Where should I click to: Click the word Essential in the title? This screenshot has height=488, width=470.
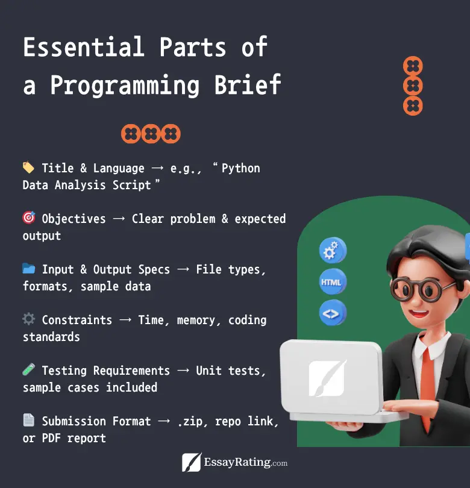[x=84, y=46]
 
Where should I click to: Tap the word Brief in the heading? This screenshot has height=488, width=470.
[x=248, y=85]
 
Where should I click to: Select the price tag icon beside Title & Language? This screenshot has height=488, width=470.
[x=29, y=167]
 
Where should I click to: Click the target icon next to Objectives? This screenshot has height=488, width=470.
[x=29, y=217]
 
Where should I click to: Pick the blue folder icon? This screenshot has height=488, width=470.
[x=29, y=268]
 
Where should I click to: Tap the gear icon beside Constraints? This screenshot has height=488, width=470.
[x=29, y=319]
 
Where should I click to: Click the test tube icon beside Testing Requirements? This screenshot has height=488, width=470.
[x=29, y=369]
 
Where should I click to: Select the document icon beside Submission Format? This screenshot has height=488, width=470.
[x=29, y=420]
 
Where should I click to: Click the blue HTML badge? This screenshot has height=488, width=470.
[x=333, y=282]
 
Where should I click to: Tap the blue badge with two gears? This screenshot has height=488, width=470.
[x=333, y=251]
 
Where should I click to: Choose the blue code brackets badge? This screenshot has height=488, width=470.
[x=333, y=313]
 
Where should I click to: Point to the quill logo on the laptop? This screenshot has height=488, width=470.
[x=327, y=378]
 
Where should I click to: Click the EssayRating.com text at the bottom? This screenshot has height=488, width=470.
[x=246, y=462]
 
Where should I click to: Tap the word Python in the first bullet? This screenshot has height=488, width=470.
[x=240, y=168]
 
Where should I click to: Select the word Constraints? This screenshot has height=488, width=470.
[x=77, y=320]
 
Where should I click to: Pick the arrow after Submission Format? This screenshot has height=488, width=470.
[x=164, y=421]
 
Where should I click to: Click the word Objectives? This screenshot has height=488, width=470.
[x=74, y=219]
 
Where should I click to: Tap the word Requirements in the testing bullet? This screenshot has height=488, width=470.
[x=131, y=371]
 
